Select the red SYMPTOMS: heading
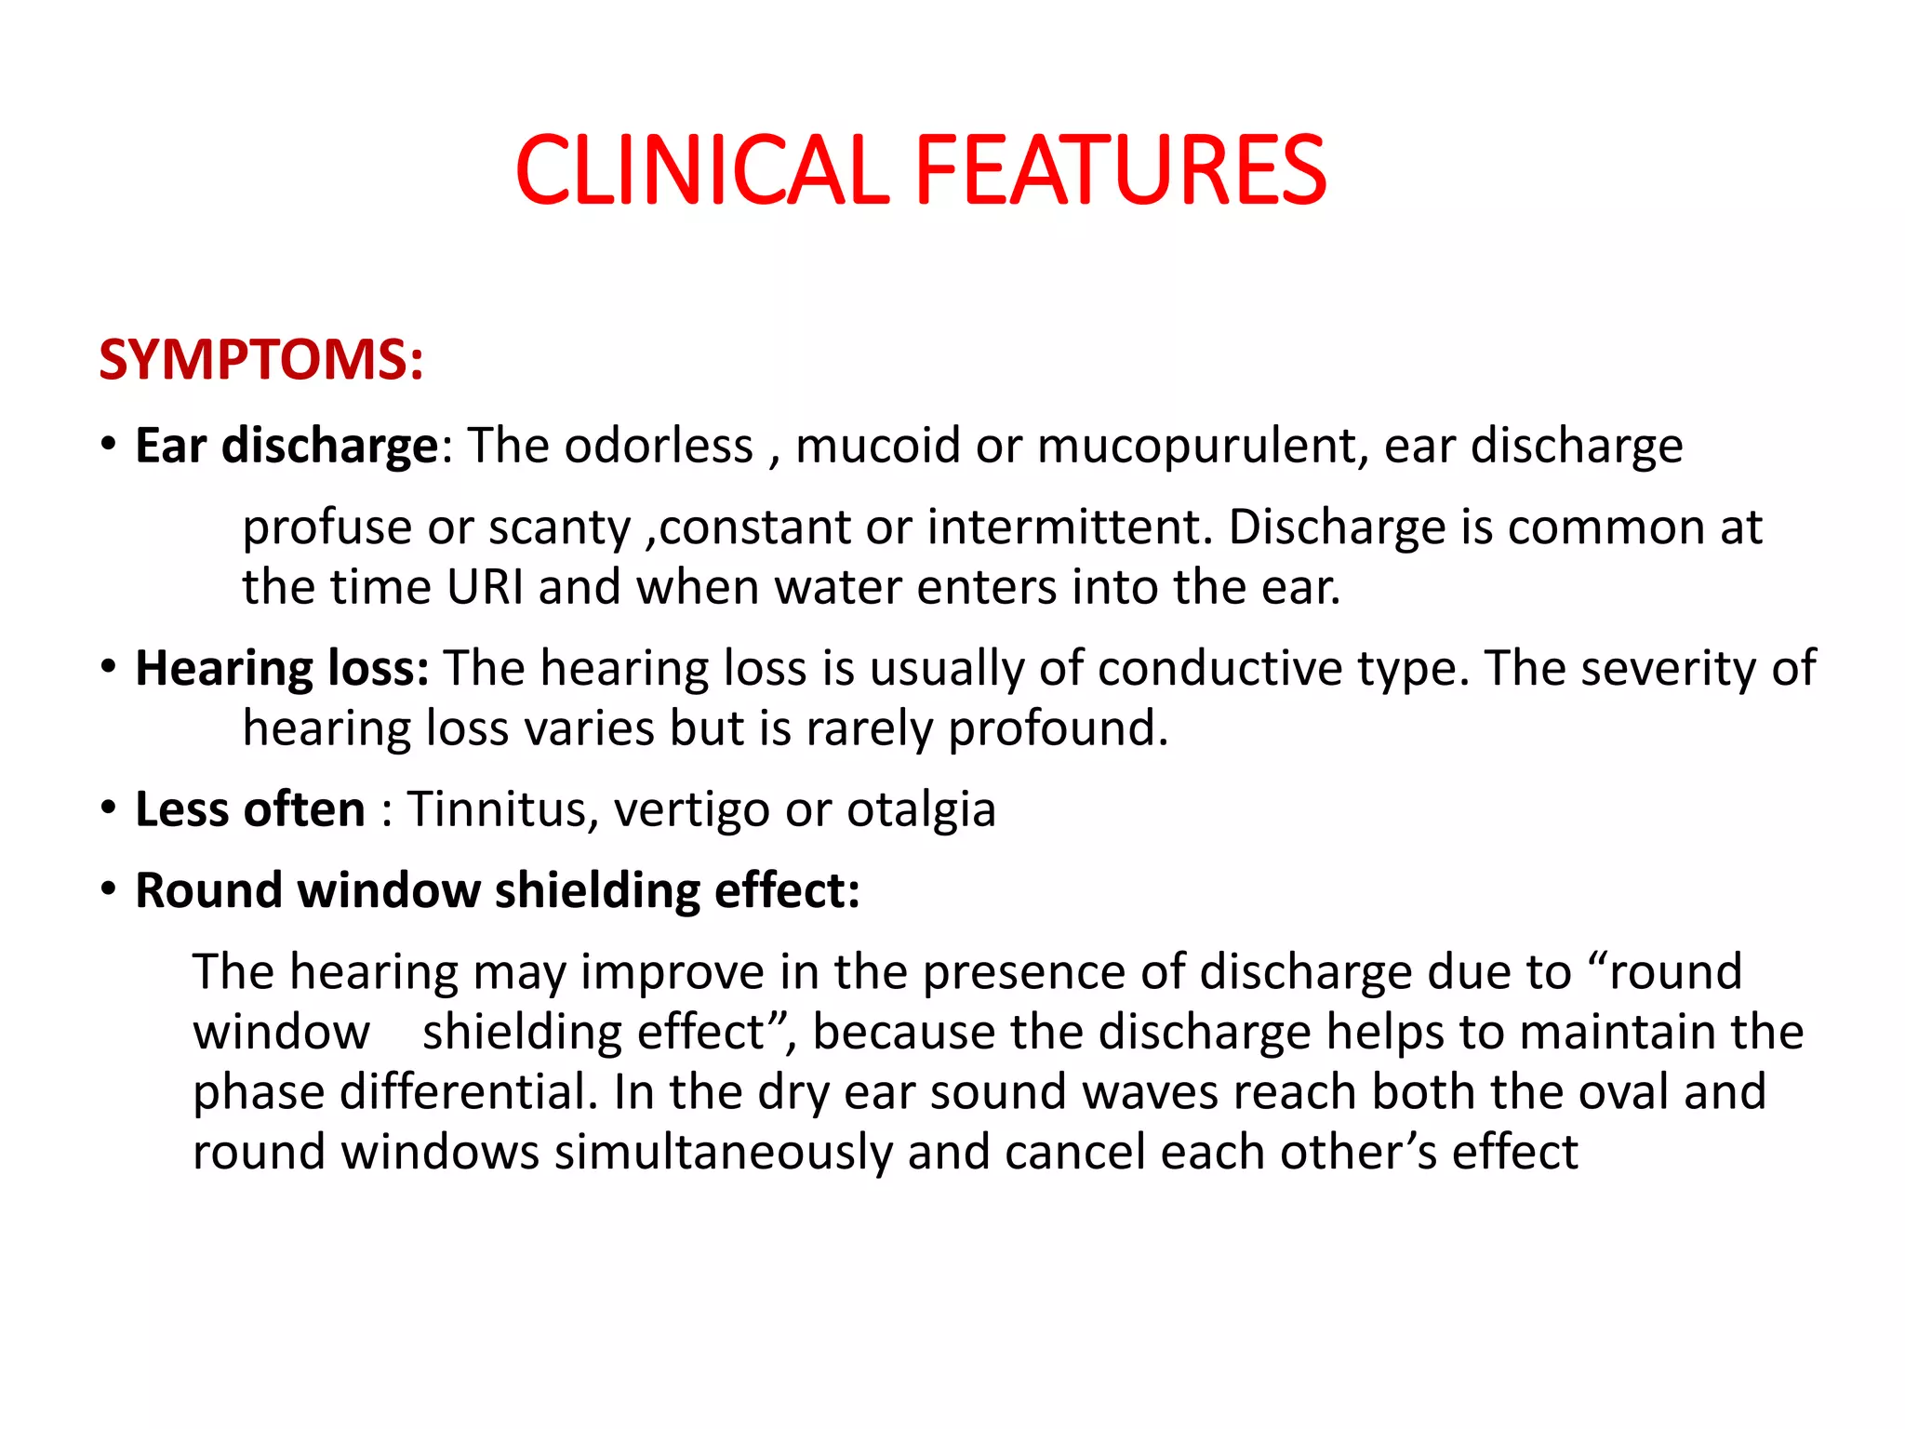tap(261, 360)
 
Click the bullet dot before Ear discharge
tap(109, 444)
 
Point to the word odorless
tap(659, 446)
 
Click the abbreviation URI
tap(485, 587)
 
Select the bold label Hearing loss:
tap(282, 669)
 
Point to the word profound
tap(1057, 728)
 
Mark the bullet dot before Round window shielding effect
tap(109, 889)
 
